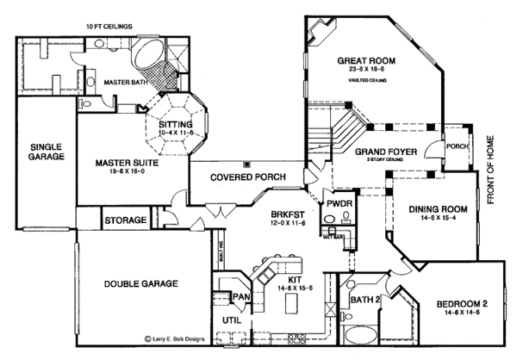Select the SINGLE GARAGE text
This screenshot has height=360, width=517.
pos(45,153)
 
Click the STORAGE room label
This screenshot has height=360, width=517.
pos(126,221)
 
